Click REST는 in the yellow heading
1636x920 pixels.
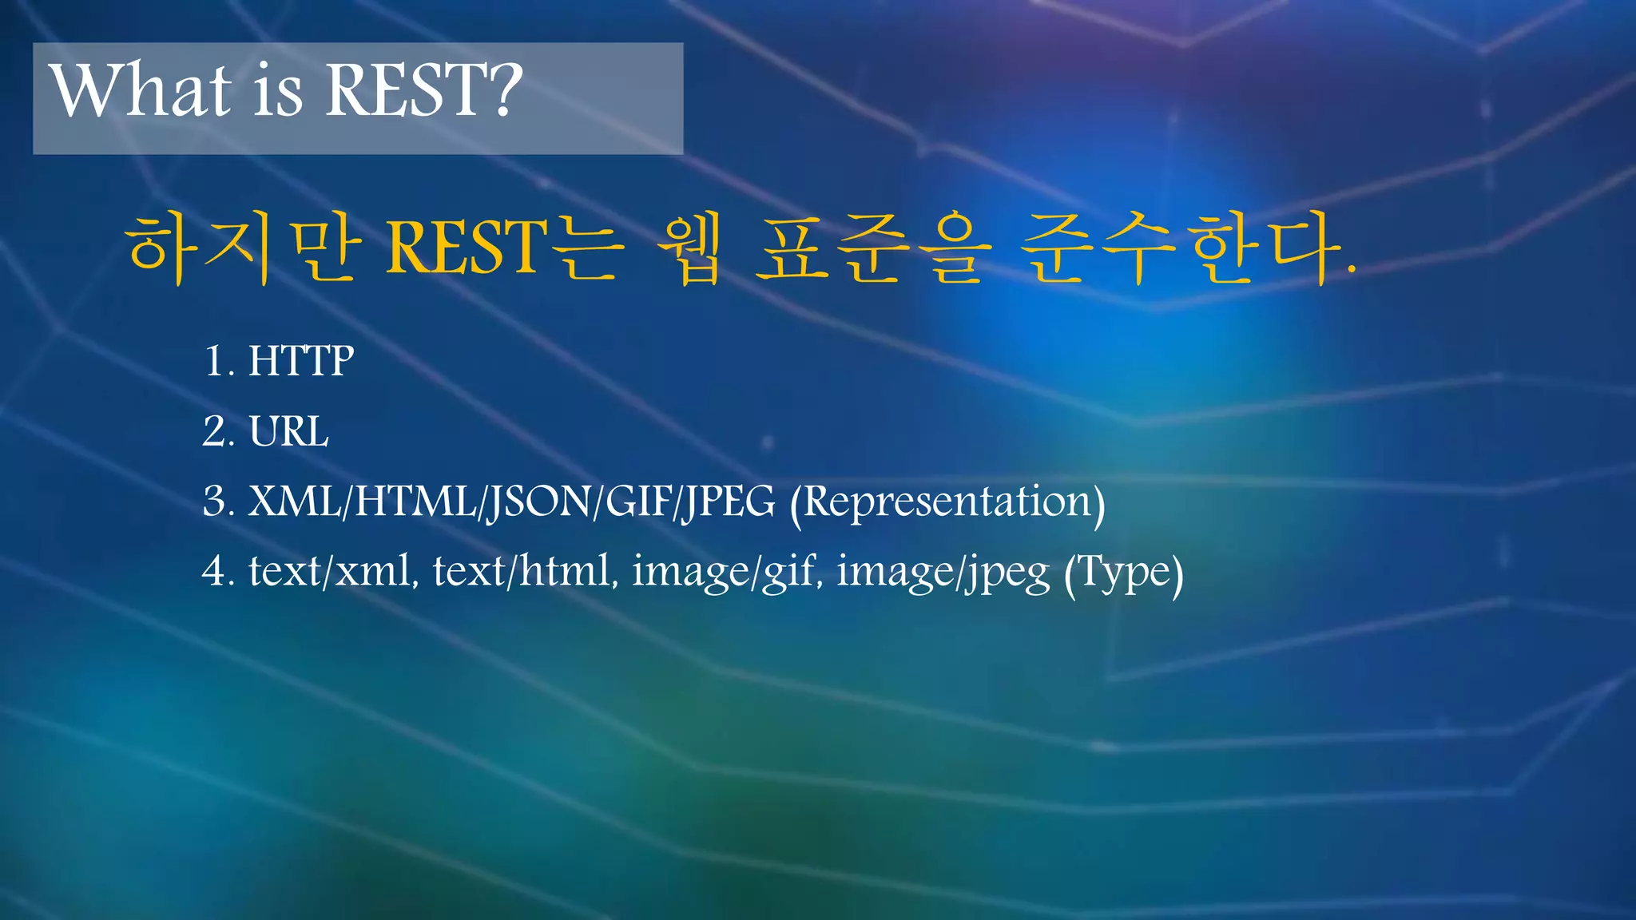point(502,248)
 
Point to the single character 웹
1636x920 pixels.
point(689,248)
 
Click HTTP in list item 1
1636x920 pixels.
point(300,361)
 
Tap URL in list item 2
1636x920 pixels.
point(288,432)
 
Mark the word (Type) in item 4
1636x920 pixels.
point(1123,573)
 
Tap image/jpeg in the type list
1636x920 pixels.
point(943,573)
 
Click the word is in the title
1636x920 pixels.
point(279,91)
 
